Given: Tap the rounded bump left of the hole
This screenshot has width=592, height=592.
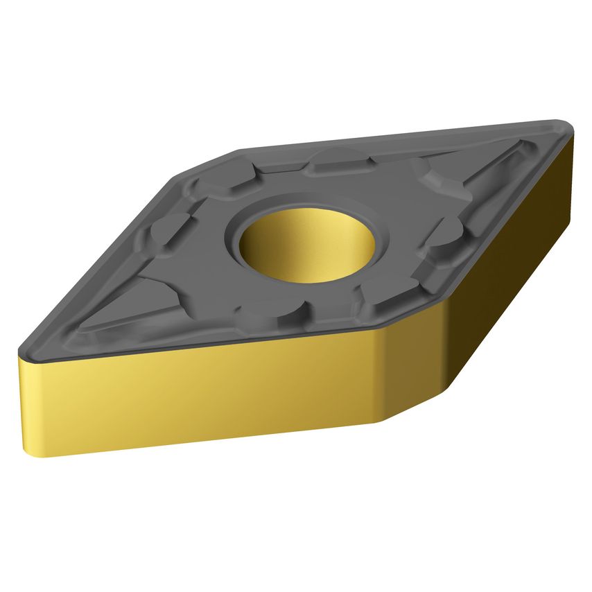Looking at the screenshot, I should pyautogui.click(x=173, y=229).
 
